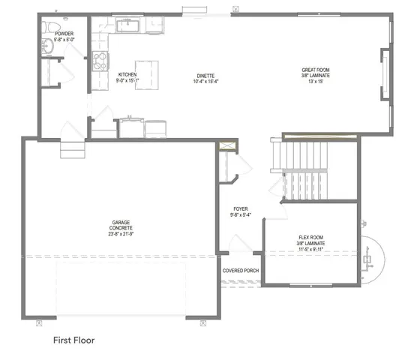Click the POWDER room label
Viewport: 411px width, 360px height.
point(62,34)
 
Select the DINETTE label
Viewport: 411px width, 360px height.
point(206,75)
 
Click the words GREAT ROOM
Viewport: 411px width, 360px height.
point(316,70)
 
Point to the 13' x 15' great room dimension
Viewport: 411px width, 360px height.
point(316,81)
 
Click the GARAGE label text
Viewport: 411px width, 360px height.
point(121,222)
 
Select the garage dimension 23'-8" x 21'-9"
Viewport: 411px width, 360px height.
point(121,234)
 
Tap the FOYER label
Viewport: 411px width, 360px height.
point(240,209)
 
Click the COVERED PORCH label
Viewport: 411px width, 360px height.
point(240,270)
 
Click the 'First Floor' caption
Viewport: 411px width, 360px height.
point(73,340)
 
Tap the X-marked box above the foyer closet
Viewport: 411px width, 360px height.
point(227,147)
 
